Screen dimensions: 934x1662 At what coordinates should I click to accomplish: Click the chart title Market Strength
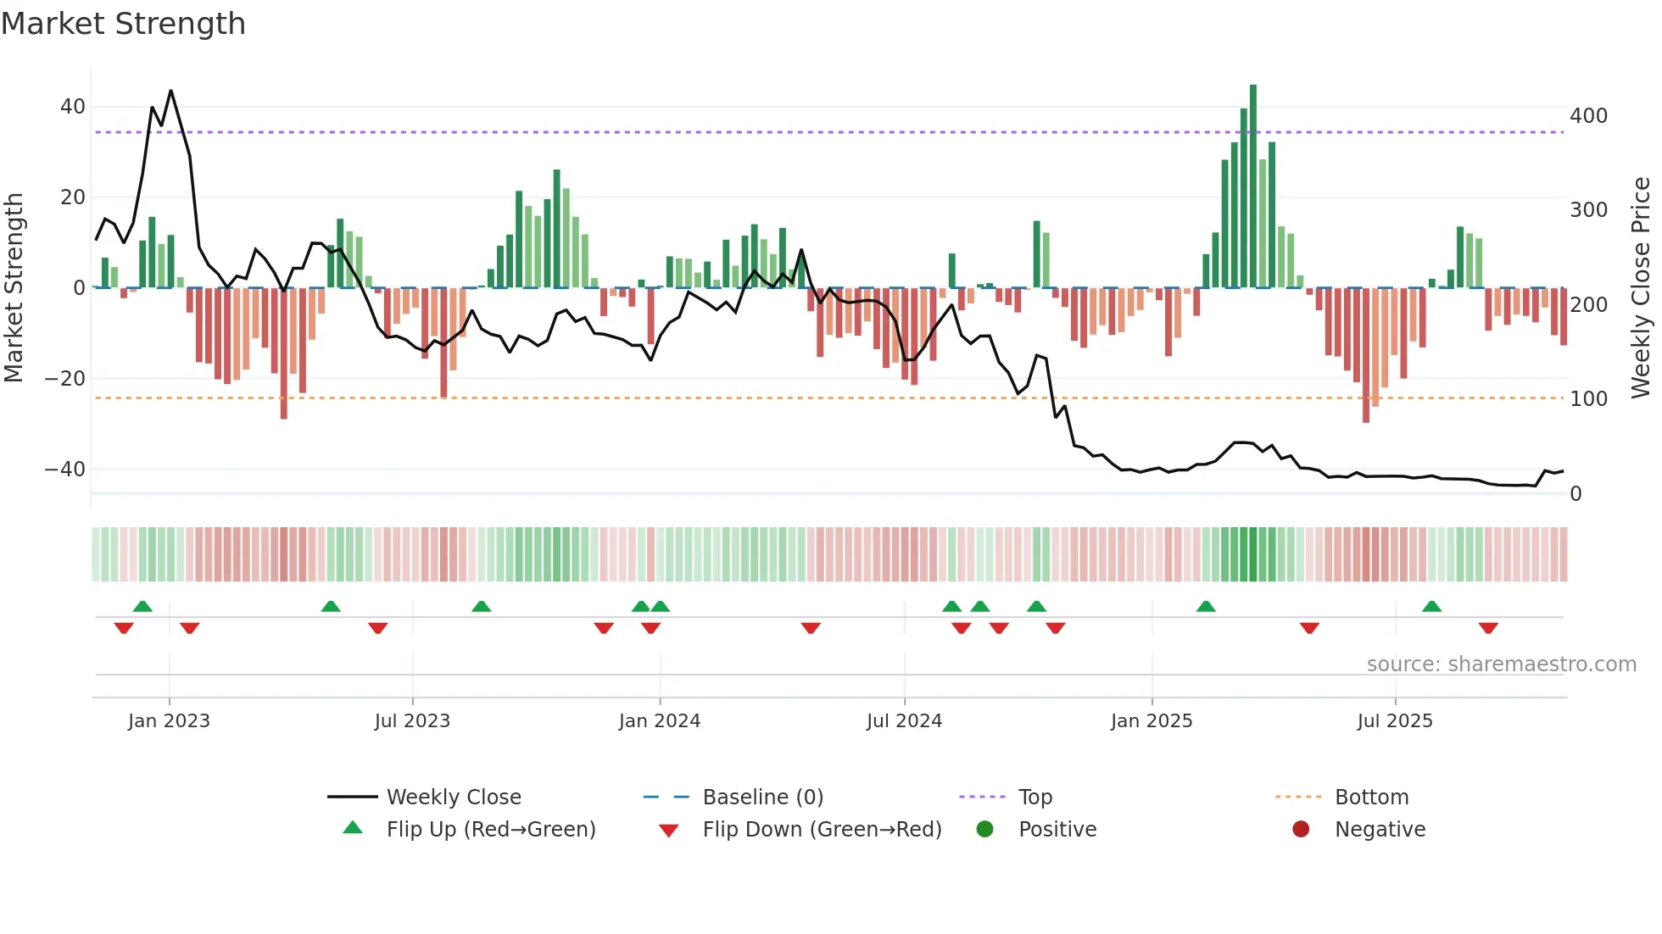123,24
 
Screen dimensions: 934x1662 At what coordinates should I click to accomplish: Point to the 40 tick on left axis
73,107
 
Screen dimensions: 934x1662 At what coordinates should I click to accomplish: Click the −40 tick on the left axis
65,469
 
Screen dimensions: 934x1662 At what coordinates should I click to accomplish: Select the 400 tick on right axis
1588,115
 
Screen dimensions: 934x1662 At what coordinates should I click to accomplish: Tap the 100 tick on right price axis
1588,398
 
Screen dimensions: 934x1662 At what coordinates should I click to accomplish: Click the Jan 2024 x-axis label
660,721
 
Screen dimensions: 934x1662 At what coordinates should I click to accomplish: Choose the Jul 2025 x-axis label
1395,721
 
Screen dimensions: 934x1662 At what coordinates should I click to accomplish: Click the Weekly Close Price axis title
1641,288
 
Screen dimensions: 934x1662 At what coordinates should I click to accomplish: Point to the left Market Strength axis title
14,288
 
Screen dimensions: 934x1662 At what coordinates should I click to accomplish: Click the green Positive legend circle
984,829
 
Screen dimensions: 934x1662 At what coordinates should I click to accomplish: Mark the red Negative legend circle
1301,829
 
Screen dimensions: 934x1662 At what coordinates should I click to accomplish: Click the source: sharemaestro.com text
1501,664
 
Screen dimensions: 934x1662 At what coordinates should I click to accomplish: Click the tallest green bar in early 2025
1253,186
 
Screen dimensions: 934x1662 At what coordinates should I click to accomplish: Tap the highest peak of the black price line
171,91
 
